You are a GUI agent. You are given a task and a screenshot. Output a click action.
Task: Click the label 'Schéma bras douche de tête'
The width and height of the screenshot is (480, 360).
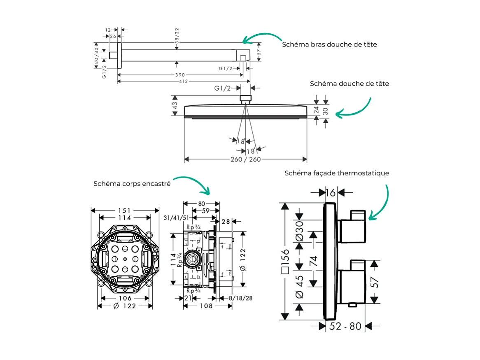pyautogui.click(x=329, y=44)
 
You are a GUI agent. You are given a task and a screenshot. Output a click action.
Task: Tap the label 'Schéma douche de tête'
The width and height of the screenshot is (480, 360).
pyautogui.click(x=349, y=84)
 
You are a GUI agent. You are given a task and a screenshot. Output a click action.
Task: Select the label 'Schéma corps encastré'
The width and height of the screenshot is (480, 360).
pyautogui.click(x=132, y=184)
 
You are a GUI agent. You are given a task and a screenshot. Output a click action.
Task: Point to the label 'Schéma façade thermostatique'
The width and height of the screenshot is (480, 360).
pyautogui.click(x=337, y=173)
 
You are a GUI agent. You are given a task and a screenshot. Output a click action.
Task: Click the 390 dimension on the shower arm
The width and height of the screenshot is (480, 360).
pyautogui.click(x=179, y=75)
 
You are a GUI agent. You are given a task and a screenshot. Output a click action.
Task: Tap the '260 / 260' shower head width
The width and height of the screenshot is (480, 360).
pyautogui.click(x=246, y=159)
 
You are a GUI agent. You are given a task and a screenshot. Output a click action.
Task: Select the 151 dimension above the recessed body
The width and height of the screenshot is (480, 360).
pyautogui.click(x=125, y=210)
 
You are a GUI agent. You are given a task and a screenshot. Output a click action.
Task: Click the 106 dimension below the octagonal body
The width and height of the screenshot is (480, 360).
pyautogui.click(x=125, y=298)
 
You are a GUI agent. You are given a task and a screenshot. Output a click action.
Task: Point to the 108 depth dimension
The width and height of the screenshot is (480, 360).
pyautogui.click(x=206, y=306)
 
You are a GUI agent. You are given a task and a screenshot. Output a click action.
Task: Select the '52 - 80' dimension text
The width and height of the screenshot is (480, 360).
pyautogui.click(x=346, y=326)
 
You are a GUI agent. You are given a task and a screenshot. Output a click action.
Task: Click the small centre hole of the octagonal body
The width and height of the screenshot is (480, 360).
pyautogui.click(x=125, y=259)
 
